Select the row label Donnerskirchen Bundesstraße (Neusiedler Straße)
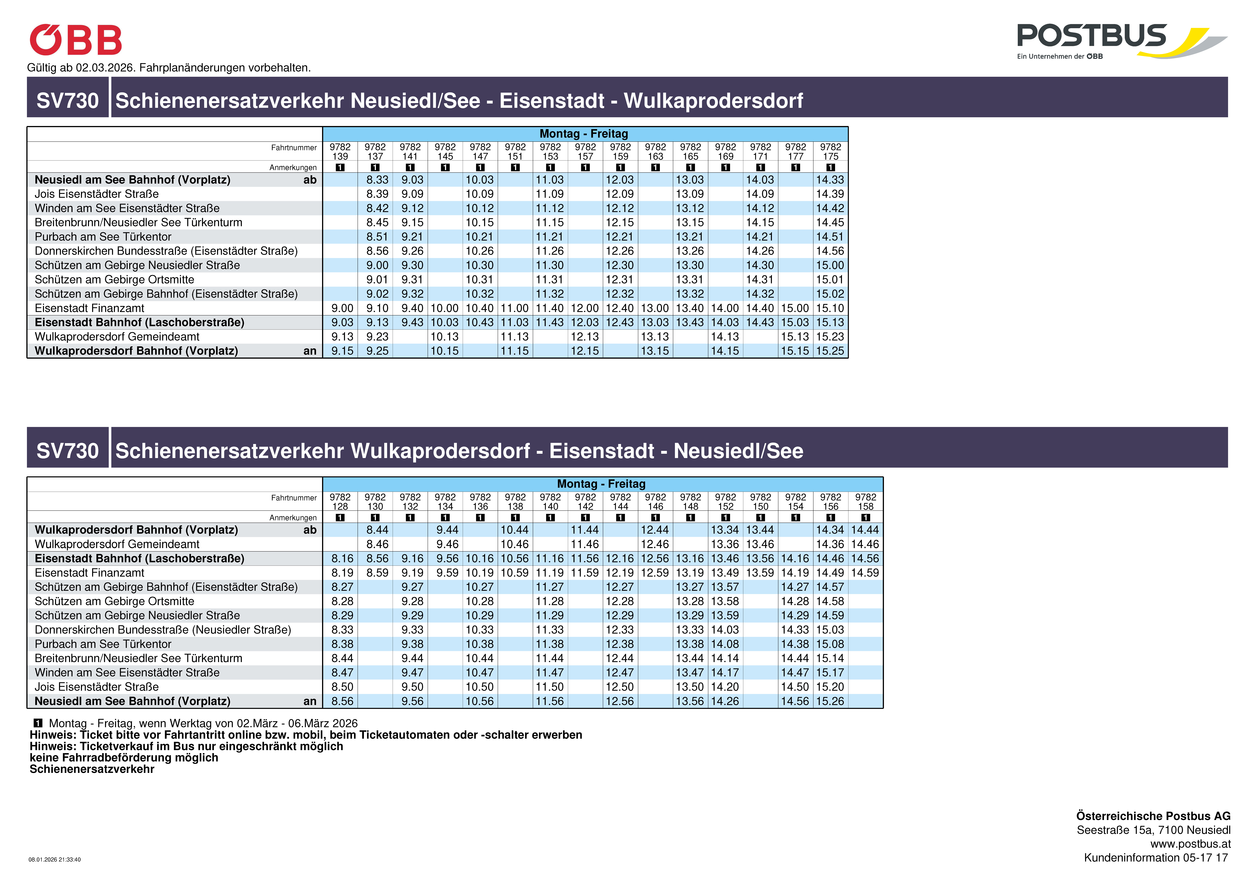click(163, 630)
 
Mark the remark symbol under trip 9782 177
click(796, 168)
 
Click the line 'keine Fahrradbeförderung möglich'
click(124, 758)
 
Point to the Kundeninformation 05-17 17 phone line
click(1156, 858)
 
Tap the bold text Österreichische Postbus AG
click(1153, 816)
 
